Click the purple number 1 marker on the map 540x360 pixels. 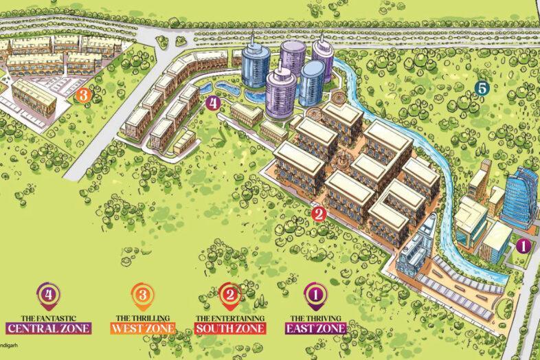(x=522, y=244)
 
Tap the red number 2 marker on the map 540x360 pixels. (x=318, y=214)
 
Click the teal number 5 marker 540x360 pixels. (x=482, y=88)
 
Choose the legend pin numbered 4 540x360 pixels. (x=48, y=294)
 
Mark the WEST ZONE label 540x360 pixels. (x=144, y=328)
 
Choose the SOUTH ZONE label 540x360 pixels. (x=231, y=328)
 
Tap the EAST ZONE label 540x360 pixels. (x=317, y=328)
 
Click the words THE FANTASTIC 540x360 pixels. (x=48, y=317)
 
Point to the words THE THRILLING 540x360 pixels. (x=144, y=318)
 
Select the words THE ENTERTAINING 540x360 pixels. (x=231, y=318)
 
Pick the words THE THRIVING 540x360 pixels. (x=317, y=318)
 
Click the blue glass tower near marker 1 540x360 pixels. (x=519, y=196)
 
